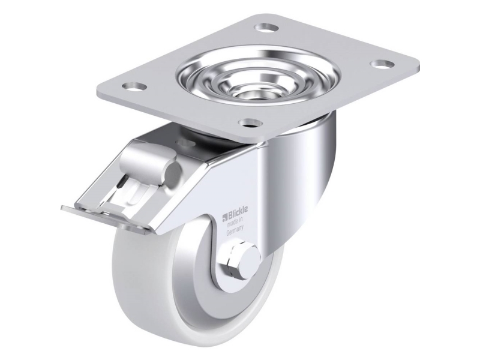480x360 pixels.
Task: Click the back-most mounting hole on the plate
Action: (x=263, y=28)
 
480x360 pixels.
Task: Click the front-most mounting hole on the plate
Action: (x=247, y=124)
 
